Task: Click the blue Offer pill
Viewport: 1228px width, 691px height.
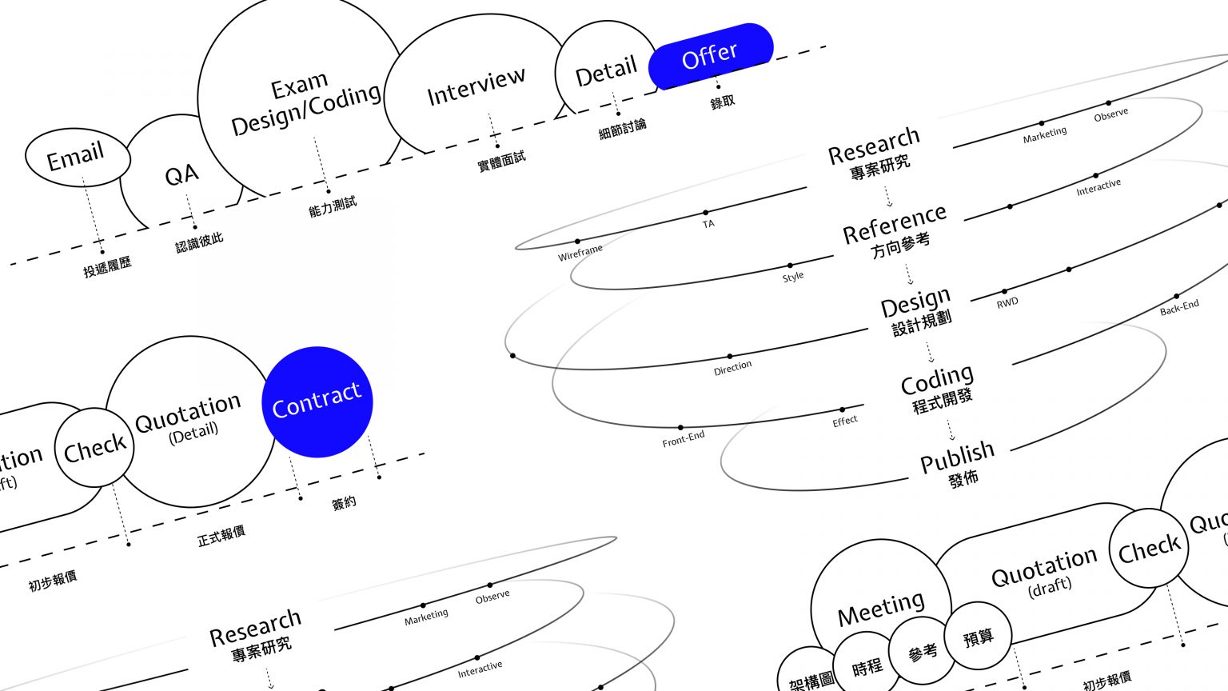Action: (710, 55)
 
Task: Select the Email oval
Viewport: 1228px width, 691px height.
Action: (77, 157)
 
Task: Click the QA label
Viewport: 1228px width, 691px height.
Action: (181, 174)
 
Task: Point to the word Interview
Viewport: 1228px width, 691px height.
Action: (476, 86)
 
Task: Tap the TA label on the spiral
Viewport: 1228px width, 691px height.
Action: (708, 224)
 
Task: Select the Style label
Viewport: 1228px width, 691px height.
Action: (793, 277)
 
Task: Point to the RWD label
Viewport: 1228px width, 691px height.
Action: (1007, 302)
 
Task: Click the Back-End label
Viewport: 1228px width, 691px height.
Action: (1179, 307)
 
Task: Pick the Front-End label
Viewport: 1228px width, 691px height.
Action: (684, 438)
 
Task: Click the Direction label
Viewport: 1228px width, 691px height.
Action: (732, 366)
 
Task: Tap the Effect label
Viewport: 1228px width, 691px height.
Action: (845, 421)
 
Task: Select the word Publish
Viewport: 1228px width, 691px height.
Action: (957, 457)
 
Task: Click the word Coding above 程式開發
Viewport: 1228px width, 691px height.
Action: (937, 380)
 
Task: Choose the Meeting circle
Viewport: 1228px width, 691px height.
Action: (881, 610)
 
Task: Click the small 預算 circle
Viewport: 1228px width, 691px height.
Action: (979, 637)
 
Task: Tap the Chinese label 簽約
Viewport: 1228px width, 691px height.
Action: (344, 503)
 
